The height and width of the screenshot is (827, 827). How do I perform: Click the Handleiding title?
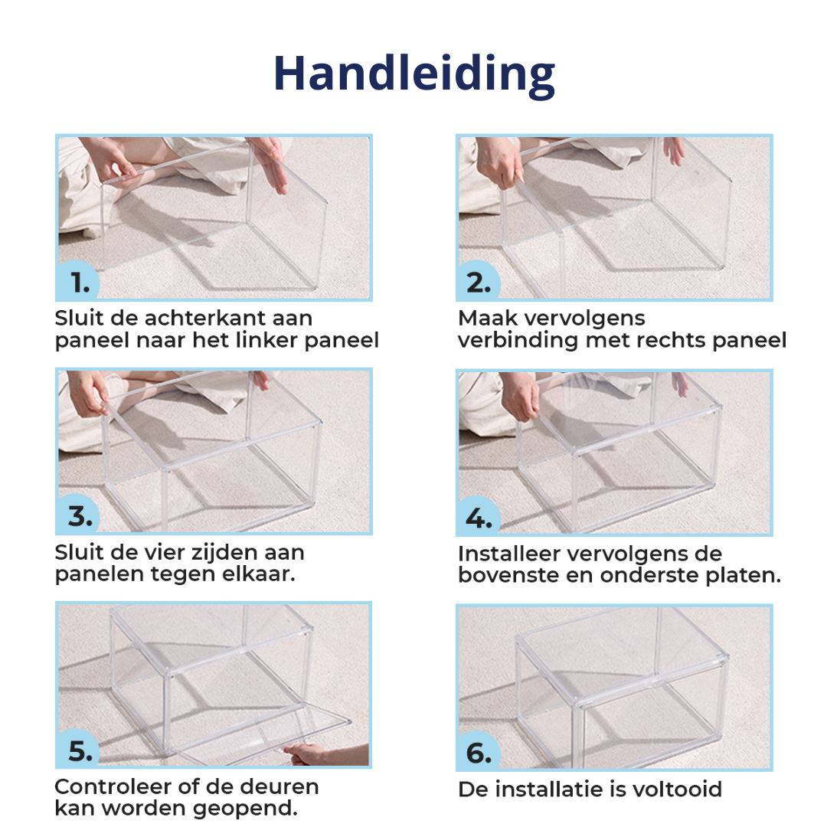tap(414, 74)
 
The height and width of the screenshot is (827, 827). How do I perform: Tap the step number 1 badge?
tap(77, 280)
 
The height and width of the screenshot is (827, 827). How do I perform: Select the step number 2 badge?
tap(479, 280)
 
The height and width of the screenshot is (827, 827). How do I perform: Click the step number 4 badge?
tap(479, 516)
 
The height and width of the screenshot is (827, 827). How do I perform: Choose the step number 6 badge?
tap(479, 750)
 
